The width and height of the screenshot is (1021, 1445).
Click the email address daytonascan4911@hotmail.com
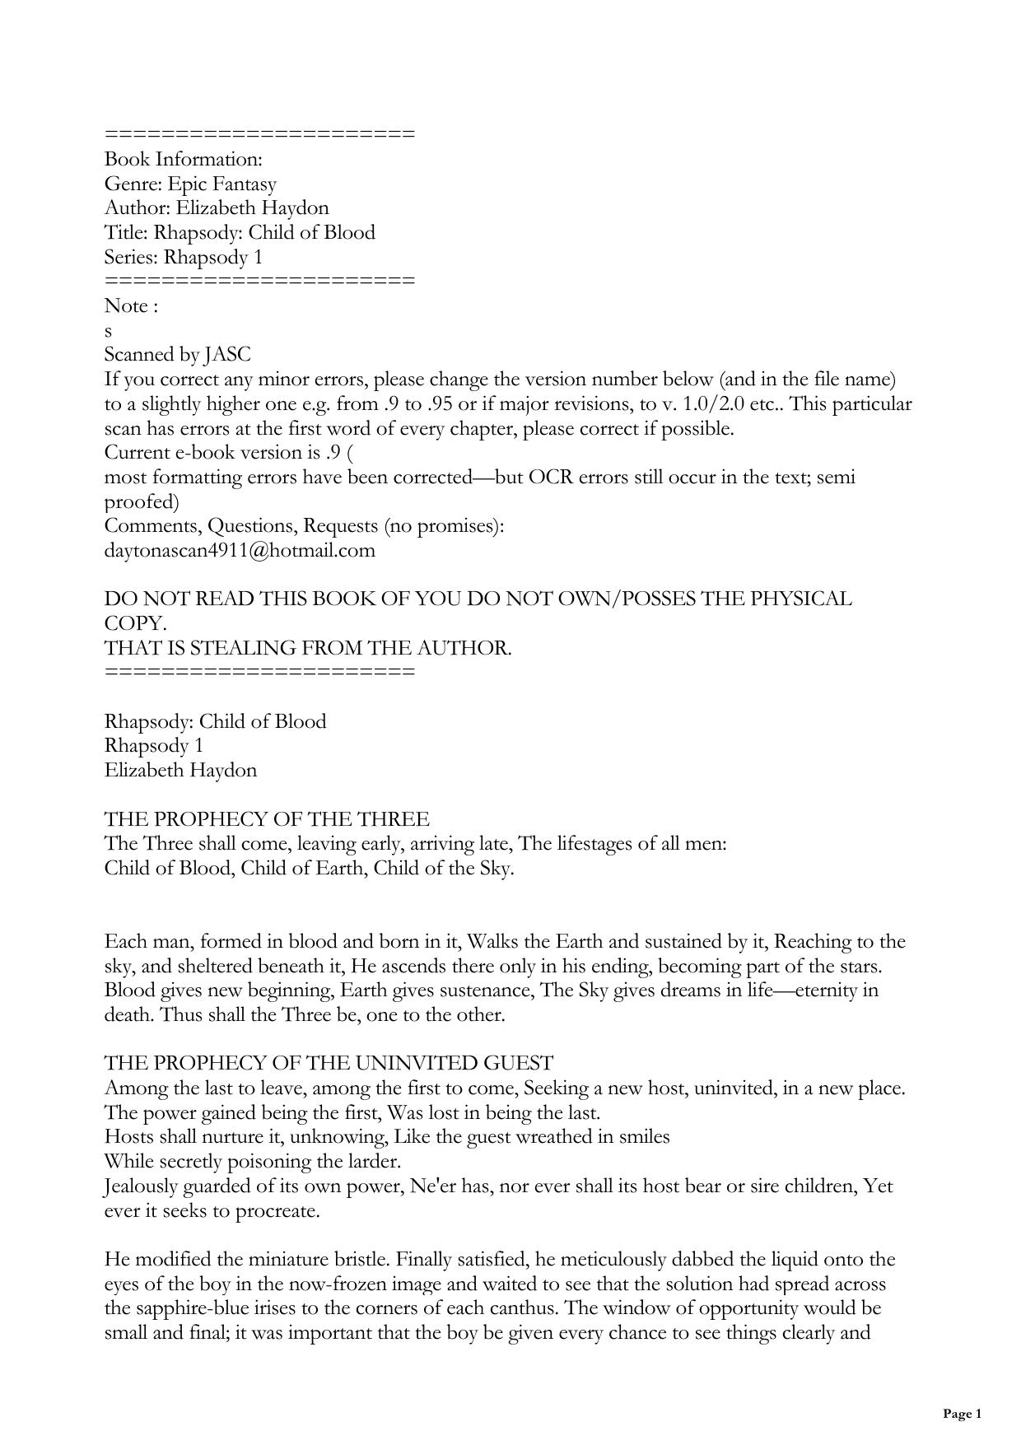pyautogui.click(x=240, y=550)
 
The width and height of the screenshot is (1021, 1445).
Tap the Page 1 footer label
pyautogui.click(x=962, y=1415)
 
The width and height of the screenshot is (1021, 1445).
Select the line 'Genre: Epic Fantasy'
pyautogui.click(x=190, y=184)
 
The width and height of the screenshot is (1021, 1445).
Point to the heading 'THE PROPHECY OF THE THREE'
pyautogui.click(x=267, y=819)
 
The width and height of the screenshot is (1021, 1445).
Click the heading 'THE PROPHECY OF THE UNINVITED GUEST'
pyautogui.click(x=329, y=1063)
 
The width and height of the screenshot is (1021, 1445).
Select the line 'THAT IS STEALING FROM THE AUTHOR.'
pyautogui.click(x=308, y=648)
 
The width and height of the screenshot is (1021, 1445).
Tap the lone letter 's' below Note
pyautogui.click(x=109, y=331)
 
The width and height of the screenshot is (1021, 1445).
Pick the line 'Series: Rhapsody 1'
pyautogui.click(x=184, y=257)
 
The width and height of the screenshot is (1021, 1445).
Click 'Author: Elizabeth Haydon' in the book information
pyautogui.click(x=217, y=207)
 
